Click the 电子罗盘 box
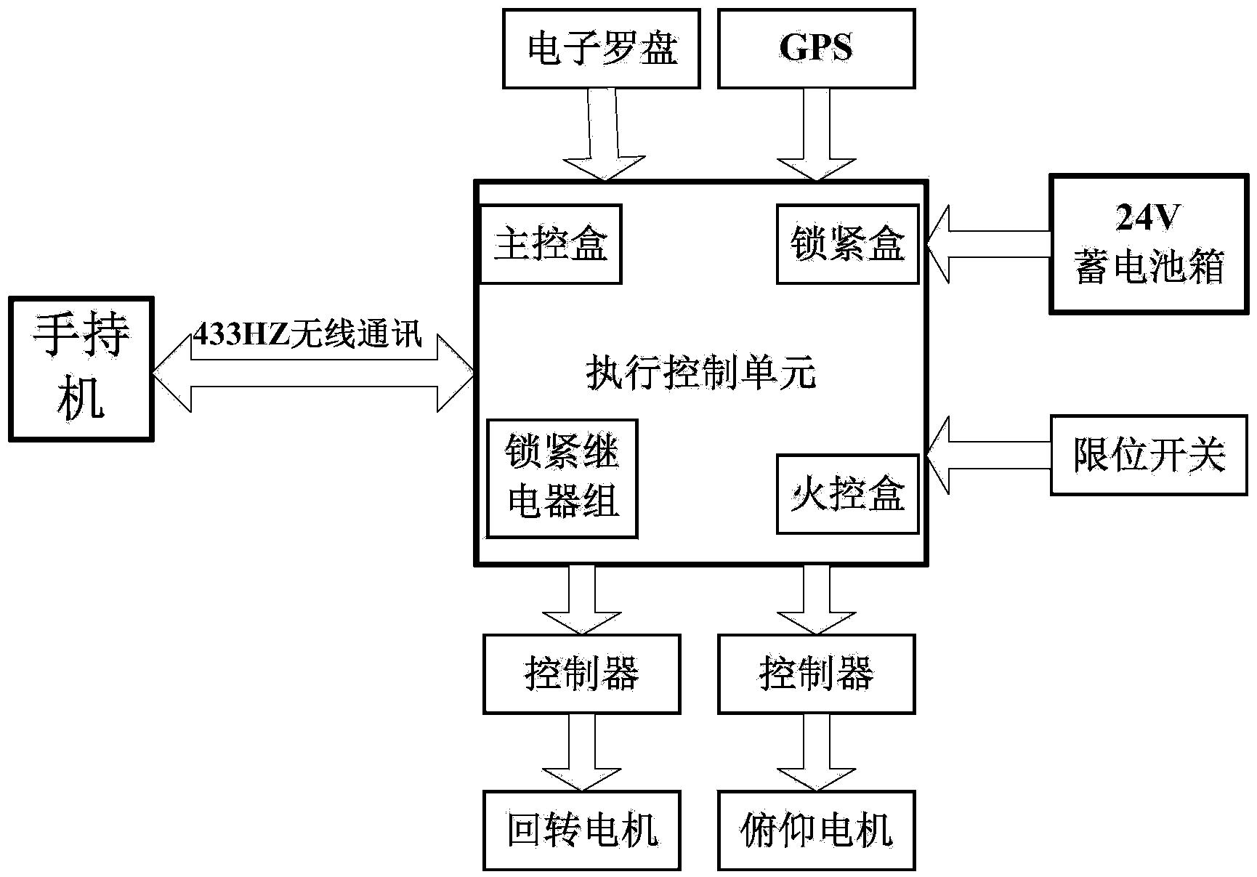coord(601,49)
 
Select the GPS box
coord(816,49)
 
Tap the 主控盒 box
coord(551,244)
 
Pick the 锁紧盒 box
coord(847,244)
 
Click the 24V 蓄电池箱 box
coord(1149,244)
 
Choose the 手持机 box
coord(81,368)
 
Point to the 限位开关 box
coord(1149,456)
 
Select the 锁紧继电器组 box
coord(562,478)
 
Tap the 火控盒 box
coord(847,494)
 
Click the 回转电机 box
coord(582,830)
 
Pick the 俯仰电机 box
coord(816,830)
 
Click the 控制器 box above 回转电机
coord(582,674)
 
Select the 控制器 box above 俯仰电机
coord(816,674)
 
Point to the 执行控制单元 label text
coord(701,373)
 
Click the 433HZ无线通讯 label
coord(307,336)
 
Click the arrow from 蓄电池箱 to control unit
coord(988,244)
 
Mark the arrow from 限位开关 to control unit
coord(988,456)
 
